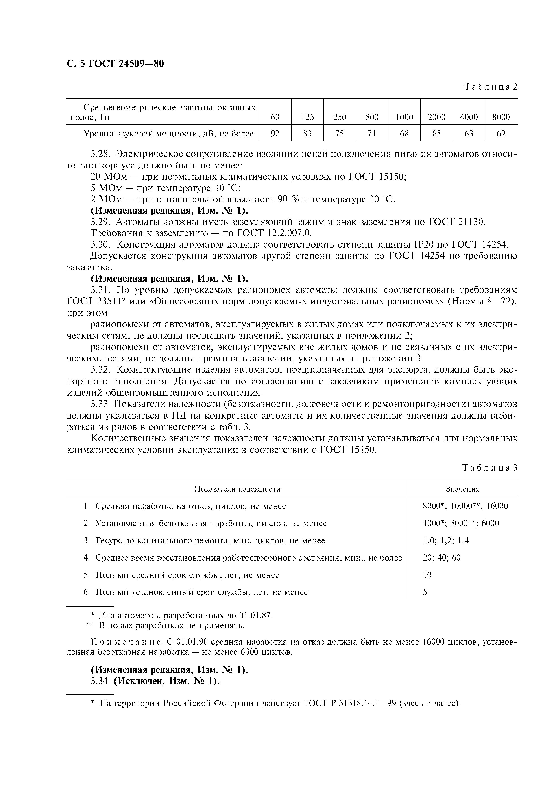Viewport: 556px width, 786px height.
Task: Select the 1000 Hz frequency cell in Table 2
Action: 404,117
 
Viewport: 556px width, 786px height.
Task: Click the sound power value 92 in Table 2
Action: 275,134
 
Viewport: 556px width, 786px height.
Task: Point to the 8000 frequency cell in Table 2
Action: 501,117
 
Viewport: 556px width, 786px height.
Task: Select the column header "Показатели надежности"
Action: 237,489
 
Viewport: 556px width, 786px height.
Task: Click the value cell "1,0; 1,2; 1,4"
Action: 446,541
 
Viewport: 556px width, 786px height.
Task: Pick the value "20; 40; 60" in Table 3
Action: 442,558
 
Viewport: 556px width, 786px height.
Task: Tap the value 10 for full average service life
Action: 427,575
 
